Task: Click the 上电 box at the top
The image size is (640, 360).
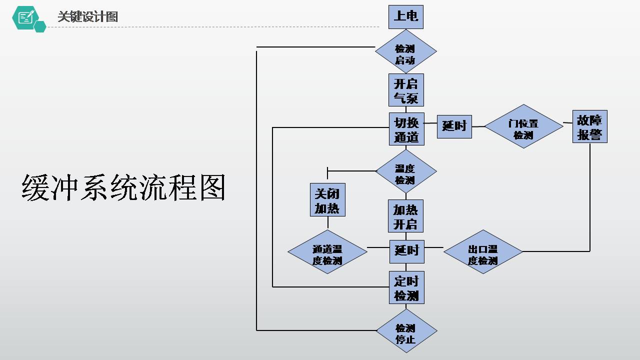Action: pos(406,16)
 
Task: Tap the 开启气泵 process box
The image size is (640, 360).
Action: pos(406,90)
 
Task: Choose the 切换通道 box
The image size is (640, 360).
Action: pos(406,129)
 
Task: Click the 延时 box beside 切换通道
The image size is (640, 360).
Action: pos(454,126)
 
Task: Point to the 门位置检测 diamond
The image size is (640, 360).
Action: pos(523,126)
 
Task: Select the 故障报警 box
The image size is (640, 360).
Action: pos(589,126)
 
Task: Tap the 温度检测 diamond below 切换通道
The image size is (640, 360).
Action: pos(405,171)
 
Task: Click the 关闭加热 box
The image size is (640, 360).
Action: pos(327,200)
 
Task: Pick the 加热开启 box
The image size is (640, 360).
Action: pos(405,216)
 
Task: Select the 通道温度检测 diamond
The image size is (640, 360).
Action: pos(327,251)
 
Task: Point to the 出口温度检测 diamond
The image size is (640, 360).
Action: pos(483,251)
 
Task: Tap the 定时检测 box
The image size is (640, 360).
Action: pos(406,287)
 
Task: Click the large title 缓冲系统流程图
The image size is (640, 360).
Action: pos(123,188)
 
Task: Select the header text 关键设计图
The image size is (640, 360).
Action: pos(87,16)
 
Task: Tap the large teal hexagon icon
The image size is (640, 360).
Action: pos(25,18)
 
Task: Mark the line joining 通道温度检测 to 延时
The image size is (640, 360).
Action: pos(378,247)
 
